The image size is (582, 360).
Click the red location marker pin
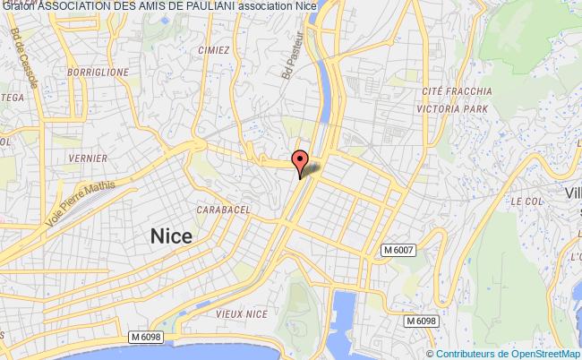(x=302, y=161)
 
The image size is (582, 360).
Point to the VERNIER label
(x=93, y=159)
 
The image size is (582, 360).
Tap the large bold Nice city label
(x=170, y=236)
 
